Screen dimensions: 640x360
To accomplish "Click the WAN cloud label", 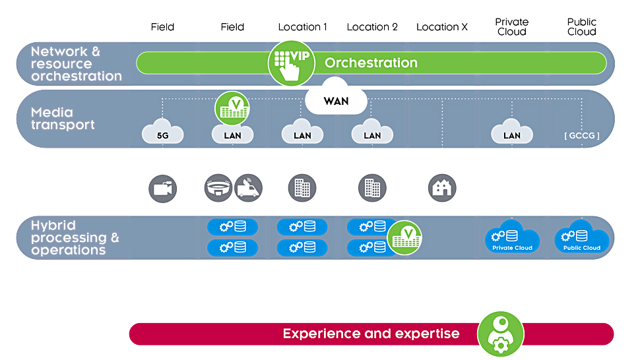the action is click(336, 100).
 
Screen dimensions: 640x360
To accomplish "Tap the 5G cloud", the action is click(162, 131).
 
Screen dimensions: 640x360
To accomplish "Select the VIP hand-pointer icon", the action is click(291, 63).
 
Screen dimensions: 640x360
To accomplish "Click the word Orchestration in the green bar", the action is click(371, 63).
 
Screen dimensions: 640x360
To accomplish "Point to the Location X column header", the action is click(441, 27).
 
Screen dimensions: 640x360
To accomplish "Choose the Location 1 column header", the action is click(302, 27).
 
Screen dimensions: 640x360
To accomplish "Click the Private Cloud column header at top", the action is click(512, 27).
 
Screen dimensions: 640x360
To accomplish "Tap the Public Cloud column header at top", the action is click(582, 27).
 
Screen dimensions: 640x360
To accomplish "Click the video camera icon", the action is click(162, 189).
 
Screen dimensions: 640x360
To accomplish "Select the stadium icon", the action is click(218, 188).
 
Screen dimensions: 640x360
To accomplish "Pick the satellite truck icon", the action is click(248, 188).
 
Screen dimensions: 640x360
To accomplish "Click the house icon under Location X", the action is click(442, 188).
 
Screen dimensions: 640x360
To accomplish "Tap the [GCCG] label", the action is click(582, 136).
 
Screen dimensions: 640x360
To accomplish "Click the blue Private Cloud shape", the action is click(512, 237).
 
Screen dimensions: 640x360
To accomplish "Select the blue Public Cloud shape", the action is click(582, 237).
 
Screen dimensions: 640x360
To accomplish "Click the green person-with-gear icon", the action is click(500, 334).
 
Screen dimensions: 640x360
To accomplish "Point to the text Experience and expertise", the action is click(371, 334).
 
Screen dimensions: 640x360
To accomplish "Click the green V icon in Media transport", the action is click(232, 108).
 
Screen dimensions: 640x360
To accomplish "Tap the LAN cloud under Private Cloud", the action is click(512, 131).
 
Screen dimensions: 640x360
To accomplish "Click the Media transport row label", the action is click(63, 118).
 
